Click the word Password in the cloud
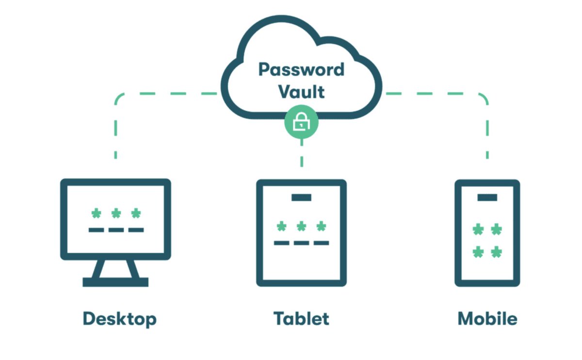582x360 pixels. pos(301,69)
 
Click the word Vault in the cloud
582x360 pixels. pos(301,91)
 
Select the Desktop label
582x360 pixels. pos(120,319)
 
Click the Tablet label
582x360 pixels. pos(301,319)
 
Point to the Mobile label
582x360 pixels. pos(487,319)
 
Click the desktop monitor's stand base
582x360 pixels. pos(115,282)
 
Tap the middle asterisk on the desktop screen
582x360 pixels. pos(116,213)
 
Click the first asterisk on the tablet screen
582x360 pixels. pos(281,226)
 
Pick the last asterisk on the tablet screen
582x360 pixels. pos(321,226)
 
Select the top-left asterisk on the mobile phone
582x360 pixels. pos(478,229)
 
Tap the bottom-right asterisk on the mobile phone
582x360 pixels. pos(496,252)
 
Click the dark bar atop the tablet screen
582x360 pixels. pos(301,197)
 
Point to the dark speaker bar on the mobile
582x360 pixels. pos(487,197)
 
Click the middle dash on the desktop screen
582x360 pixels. pos(116,229)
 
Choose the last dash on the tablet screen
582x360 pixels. pos(321,243)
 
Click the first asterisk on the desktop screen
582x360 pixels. pos(96,213)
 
